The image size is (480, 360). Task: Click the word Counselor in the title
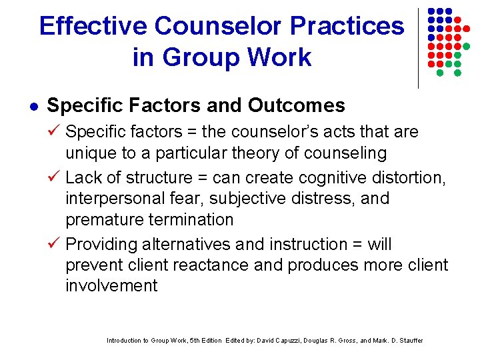click(211, 26)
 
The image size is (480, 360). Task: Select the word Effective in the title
click(93, 26)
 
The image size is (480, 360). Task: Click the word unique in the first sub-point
click(89, 153)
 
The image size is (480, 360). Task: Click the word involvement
click(111, 287)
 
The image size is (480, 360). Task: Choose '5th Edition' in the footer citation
click(205, 341)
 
